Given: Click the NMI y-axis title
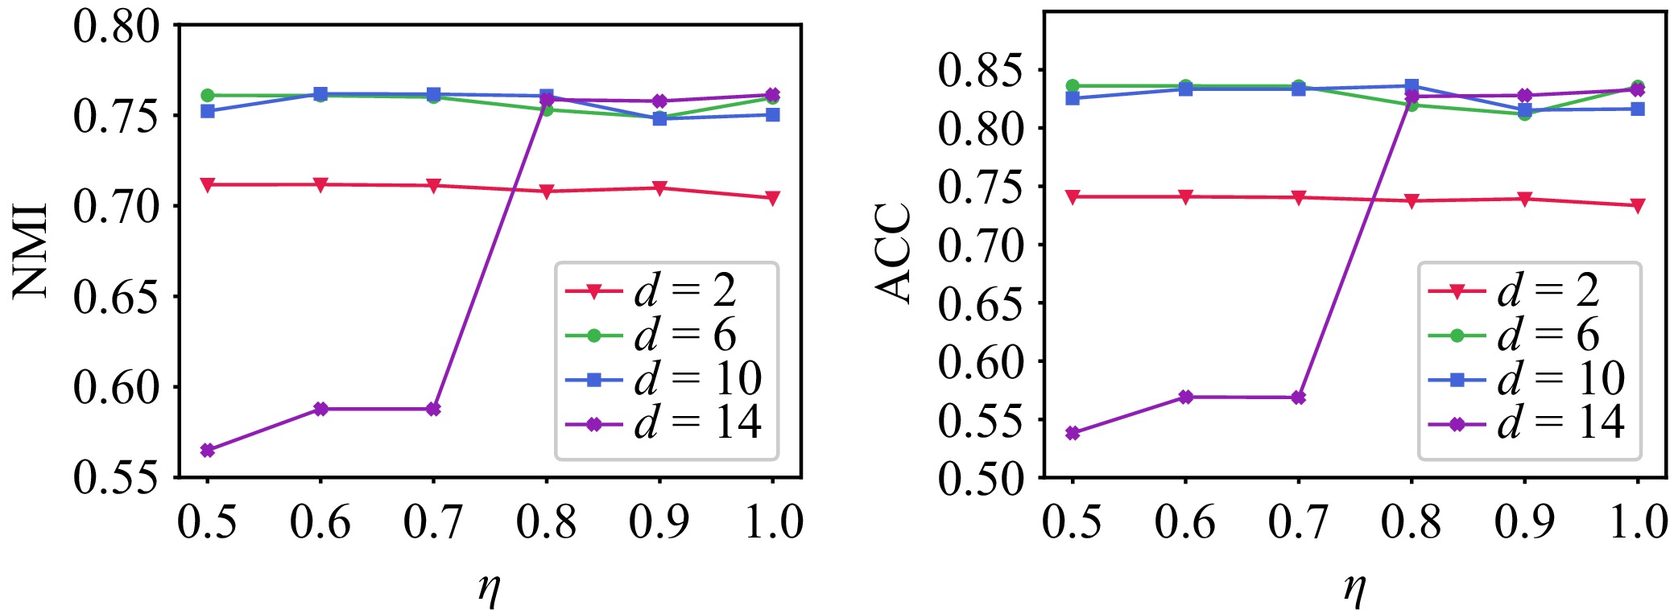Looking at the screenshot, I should tap(32, 251).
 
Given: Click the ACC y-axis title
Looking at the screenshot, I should tap(895, 253).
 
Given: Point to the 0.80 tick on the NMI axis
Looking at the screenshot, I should tap(118, 27).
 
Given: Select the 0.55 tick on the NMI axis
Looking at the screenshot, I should tap(118, 477).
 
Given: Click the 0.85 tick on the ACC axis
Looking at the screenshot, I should tap(982, 71).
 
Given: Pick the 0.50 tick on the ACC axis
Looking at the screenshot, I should tap(982, 478).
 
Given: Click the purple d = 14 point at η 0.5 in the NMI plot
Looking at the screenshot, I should tap(208, 450).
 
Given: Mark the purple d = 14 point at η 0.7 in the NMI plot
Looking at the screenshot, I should tap(433, 409).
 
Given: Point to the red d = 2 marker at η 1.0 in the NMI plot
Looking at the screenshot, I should tap(773, 198).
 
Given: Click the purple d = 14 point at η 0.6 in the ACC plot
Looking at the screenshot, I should tap(1185, 397).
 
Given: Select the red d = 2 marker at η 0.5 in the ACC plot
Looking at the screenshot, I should tap(1073, 196).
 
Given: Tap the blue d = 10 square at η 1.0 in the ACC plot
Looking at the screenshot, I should tap(1638, 109).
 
